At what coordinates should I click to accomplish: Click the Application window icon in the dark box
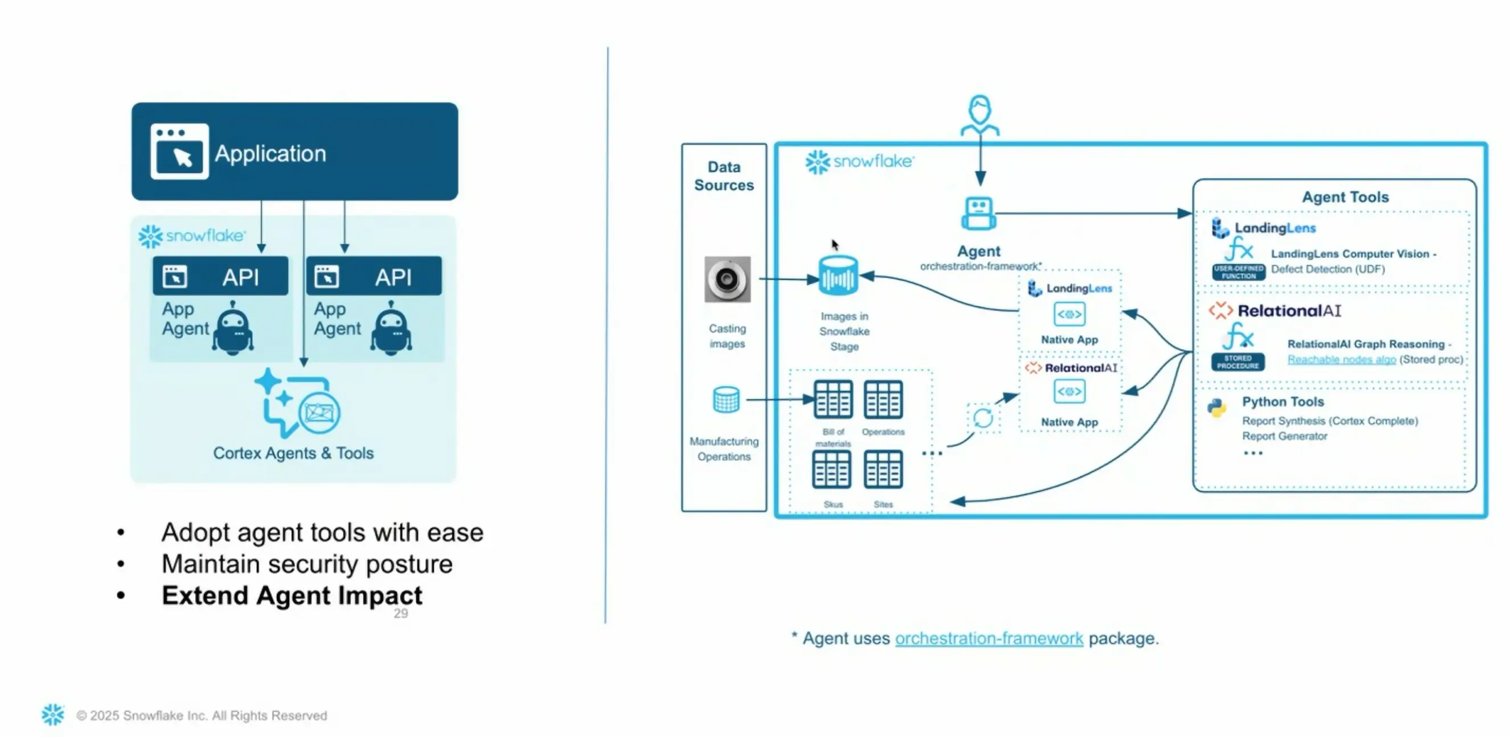coord(179,151)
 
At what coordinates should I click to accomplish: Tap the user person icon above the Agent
coord(980,114)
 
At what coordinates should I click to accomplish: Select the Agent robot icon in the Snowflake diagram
coord(978,214)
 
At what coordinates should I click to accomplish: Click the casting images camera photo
coord(727,280)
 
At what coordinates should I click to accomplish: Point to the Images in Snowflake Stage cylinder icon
coord(838,276)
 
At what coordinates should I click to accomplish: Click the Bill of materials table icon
coord(833,400)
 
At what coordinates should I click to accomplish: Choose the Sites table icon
coord(883,470)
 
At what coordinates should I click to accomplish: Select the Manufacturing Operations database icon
coord(726,400)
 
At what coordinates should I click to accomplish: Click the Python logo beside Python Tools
coord(1218,407)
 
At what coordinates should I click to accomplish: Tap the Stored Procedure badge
coord(1238,362)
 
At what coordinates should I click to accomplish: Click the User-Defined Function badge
coord(1239,272)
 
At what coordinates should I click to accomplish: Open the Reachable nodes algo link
coord(1341,359)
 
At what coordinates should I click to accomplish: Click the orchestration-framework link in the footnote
coord(989,638)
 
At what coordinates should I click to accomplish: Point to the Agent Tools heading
coord(1345,197)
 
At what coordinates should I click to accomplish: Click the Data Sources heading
coord(724,176)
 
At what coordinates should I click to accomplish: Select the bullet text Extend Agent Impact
coord(292,595)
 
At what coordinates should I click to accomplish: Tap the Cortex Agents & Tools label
coord(293,453)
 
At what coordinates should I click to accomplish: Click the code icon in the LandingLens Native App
coord(1069,314)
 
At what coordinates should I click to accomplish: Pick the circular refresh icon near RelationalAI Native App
coord(983,418)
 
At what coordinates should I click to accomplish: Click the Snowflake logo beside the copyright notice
coord(53,715)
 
